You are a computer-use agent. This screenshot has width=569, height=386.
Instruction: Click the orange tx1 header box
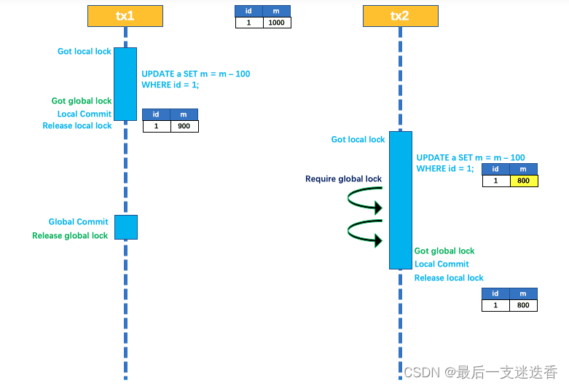pos(125,15)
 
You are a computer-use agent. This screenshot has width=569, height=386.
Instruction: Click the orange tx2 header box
pos(400,15)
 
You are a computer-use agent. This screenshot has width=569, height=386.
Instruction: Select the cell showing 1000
pos(277,23)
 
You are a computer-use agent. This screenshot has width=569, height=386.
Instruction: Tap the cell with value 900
pos(184,126)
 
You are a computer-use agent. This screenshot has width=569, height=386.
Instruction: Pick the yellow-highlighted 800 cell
pos(524,181)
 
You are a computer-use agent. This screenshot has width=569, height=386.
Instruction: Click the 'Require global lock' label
pos(343,179)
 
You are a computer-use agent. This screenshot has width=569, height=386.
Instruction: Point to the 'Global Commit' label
pos(78,222)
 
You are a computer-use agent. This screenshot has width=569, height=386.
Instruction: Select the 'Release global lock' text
pos(70,236)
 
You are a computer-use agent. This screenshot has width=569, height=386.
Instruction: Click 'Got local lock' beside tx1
pos(85,52)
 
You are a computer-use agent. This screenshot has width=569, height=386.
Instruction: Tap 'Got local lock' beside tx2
pos(358,140)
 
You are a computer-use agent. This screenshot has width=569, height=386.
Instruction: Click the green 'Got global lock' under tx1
pos(82,101)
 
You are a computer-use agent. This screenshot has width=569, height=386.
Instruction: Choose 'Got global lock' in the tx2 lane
pos(444,251)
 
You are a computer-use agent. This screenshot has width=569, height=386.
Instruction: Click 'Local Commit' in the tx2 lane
pos(442,264)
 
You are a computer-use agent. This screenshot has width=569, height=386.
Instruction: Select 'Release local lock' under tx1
pos(77,126)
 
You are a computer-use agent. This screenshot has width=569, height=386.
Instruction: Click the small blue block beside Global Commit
pos(125,227)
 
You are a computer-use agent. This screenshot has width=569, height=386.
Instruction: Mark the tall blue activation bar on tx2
pos(400,200)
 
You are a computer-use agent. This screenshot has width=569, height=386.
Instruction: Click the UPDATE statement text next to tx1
pos(195,79)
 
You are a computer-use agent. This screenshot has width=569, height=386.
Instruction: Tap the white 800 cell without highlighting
pos(524,306)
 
